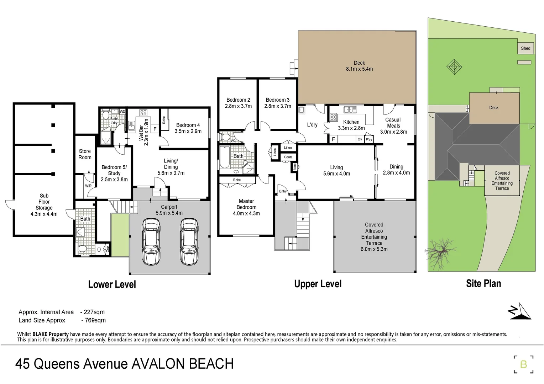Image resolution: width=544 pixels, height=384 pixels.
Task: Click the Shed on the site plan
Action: (525, 48)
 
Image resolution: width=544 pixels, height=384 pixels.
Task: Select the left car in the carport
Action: (151, 241)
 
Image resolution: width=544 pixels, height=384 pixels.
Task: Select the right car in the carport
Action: (189, 241)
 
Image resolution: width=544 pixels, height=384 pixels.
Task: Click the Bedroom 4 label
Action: (188, 125)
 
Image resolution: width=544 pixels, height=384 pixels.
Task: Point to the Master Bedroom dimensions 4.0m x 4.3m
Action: (246, 213)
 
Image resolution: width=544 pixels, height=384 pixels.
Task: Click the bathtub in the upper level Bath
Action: (225, 158)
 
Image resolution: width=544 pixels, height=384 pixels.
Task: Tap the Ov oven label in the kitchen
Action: (360, 139)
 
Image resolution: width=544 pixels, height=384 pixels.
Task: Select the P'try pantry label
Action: (368, 139)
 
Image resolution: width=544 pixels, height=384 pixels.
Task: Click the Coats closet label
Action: (288, 157)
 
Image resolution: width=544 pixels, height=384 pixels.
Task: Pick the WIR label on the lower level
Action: (88, 186)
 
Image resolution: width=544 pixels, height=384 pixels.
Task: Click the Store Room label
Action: (85, 154)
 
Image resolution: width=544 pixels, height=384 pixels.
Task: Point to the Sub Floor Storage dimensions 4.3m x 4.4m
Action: (44, 214)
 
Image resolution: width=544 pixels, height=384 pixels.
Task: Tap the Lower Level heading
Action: (112, 284)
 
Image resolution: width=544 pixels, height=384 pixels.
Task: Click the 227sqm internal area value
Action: (94, 312)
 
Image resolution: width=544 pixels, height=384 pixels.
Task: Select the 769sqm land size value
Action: (95, 320)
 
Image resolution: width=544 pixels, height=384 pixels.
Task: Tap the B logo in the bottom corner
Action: (523, 364)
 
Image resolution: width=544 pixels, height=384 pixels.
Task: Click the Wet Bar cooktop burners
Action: (143, 113)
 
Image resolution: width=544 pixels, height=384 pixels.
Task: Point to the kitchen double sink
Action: (350, 110)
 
